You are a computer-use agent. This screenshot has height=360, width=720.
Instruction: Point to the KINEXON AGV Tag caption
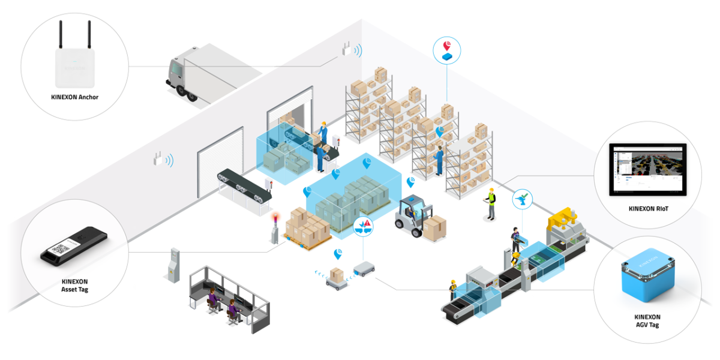click(x=646, y=320)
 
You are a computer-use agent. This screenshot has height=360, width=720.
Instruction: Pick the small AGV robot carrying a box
click(x=337, y=277)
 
